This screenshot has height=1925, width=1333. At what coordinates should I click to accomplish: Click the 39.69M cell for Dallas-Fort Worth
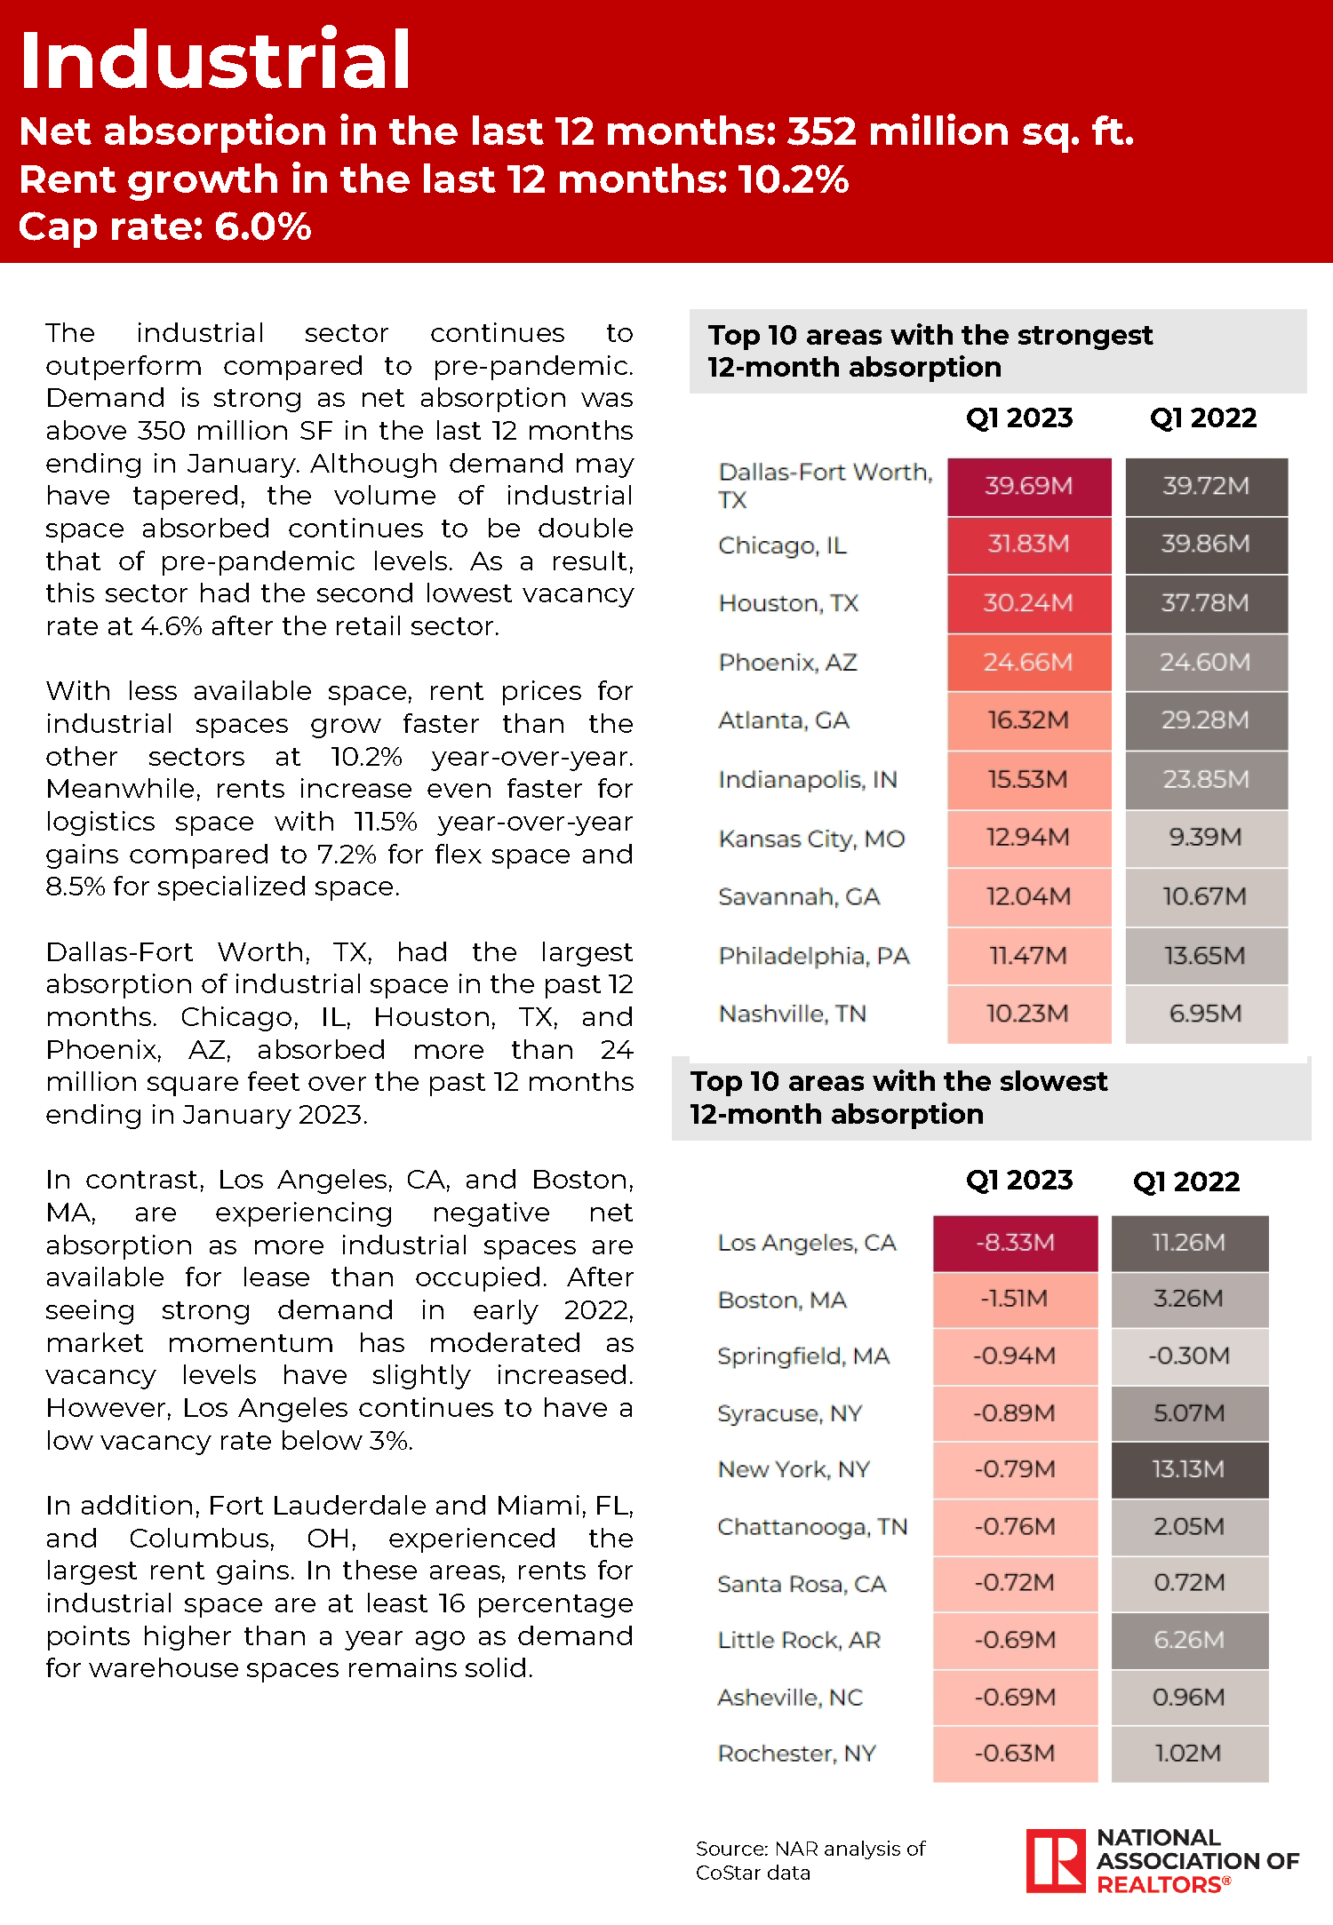[x=1028, y=486]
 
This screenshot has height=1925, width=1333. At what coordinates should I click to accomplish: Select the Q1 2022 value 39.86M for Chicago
[x=1205, y=544]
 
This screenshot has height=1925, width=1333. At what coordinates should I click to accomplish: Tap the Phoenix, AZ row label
[x=787, y=663]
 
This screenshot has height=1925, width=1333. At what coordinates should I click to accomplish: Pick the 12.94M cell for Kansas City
[x=1028, y=838]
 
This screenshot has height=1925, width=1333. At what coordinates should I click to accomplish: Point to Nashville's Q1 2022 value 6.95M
[x=1205, y=1014]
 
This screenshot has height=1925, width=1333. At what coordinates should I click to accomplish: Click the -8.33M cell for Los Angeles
[x=1015, y=1242]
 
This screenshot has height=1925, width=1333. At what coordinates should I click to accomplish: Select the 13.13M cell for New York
[x=1188, y=1469]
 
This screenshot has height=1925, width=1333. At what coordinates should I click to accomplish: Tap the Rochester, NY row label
[x=796, y=1754]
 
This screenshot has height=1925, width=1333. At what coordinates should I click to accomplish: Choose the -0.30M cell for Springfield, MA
[x=1188, y=1356]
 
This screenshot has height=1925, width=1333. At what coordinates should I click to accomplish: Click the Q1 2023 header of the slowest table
[x=1019, y=1181]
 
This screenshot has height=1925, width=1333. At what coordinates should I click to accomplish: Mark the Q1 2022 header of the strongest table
[x=1203, y=418]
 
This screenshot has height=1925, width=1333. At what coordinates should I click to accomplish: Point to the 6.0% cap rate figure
[x=263, y=227]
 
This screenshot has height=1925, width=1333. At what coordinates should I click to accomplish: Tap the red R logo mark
[x=1056, y=1860]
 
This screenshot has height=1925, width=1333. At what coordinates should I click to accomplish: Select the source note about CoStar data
[x=810, y=1860]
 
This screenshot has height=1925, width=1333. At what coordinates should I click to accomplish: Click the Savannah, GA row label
[x=798, y=897]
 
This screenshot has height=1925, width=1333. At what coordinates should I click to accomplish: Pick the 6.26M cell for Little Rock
[x=1188, y=1640]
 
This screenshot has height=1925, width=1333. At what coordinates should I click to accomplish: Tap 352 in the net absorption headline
[x=821, y=131]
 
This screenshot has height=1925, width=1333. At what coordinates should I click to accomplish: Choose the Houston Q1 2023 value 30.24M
[x=1028, y=603]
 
